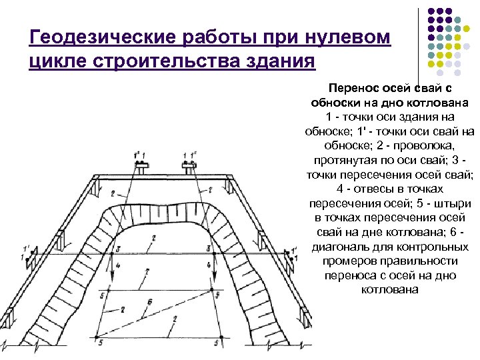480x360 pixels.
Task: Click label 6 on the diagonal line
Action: tap(149, 303)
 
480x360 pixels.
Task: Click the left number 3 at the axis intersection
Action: tap(117, 249)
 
